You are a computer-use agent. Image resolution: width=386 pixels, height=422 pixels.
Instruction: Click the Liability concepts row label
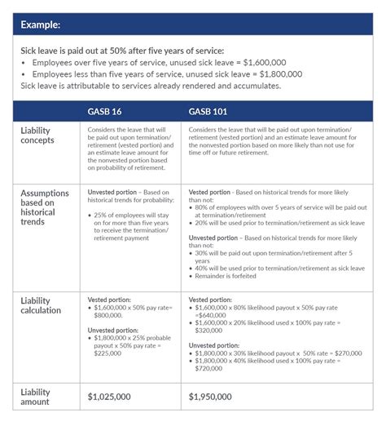tap(39, 135)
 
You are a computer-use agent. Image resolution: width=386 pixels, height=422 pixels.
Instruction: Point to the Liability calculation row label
tap(42, 307)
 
